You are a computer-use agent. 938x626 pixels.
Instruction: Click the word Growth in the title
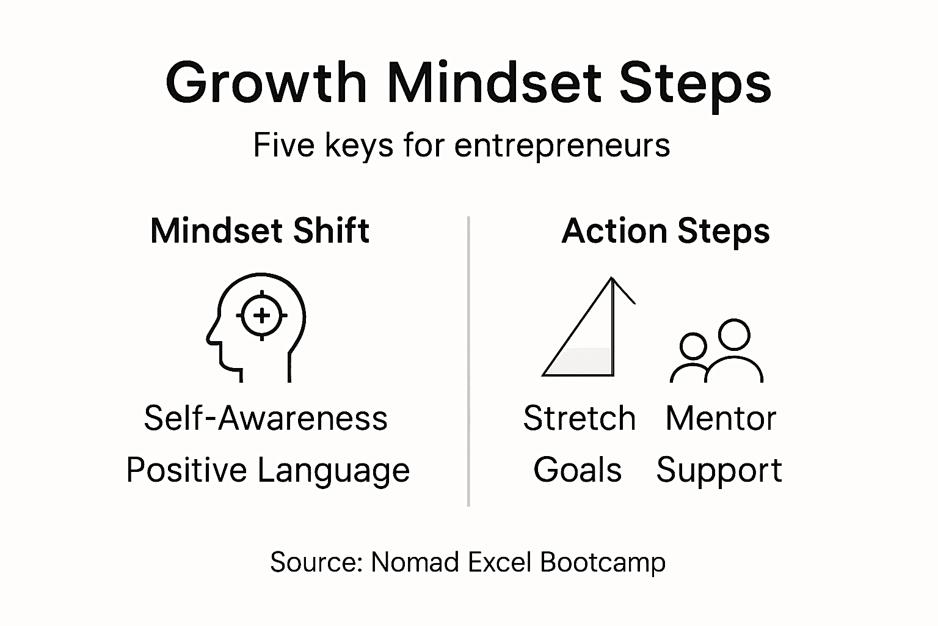(266, 83)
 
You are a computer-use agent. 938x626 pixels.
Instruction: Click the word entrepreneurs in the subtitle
(562, 145)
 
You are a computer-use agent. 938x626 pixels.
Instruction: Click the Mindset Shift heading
(260, 230)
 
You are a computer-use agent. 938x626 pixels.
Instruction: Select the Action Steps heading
(666, 231)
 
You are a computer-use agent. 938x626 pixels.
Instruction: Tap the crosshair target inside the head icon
(262, 315)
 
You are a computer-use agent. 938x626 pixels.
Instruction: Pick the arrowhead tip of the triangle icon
(611, 280)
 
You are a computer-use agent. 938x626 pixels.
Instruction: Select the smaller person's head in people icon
(693, 346)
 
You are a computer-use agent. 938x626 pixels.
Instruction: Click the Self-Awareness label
(266, 418)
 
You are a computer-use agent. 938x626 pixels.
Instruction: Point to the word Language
(333, 471)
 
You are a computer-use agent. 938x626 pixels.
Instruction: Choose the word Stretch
(579, 418)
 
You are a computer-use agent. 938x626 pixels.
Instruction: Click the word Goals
(577, 470)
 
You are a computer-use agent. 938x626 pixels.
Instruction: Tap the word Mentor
(721, 418)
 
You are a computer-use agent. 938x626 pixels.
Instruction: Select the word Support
(719, 471)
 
